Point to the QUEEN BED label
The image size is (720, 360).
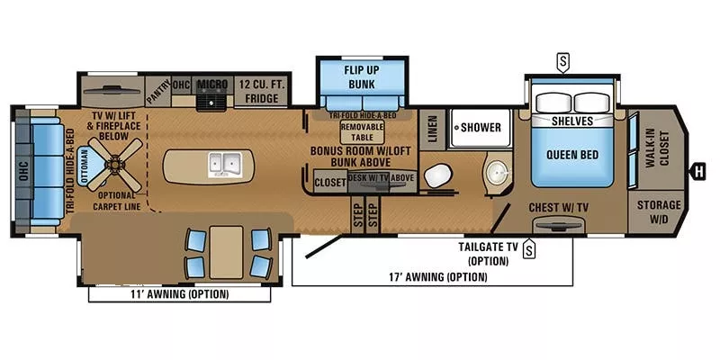[571, 154]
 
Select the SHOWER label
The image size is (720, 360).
[481, 127]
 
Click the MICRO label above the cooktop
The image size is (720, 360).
[212, 85]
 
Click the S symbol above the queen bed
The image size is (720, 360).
[563, 61]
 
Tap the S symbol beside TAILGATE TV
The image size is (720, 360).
[529, 248]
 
